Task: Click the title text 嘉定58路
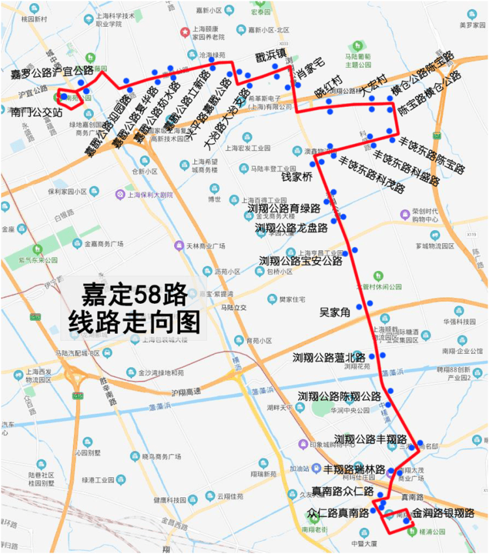[134, 295]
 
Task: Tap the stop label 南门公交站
[37, 113]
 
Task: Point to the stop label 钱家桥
[297, 177]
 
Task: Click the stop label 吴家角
[335, 312]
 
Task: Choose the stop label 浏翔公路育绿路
[284, 209]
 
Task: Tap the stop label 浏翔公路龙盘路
[291, 228]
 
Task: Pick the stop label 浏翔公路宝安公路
[301, 261]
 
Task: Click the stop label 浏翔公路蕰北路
[329, 357]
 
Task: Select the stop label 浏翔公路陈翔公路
[340, 396]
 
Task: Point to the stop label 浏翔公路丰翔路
[370, 439]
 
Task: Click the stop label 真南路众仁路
[342, 491]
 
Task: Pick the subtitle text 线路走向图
[134, 320]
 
